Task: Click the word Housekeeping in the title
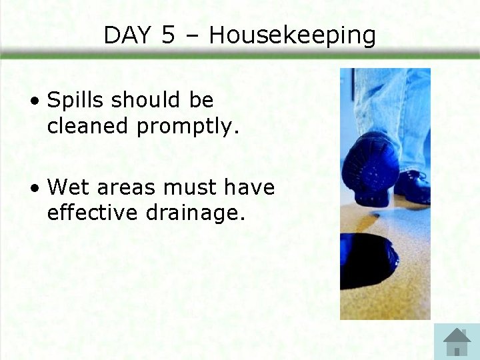[x=293, y=36]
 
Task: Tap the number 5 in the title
[x=169, y=35]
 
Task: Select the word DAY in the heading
[x=128, y=35]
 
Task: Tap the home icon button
[x=457, y=341]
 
